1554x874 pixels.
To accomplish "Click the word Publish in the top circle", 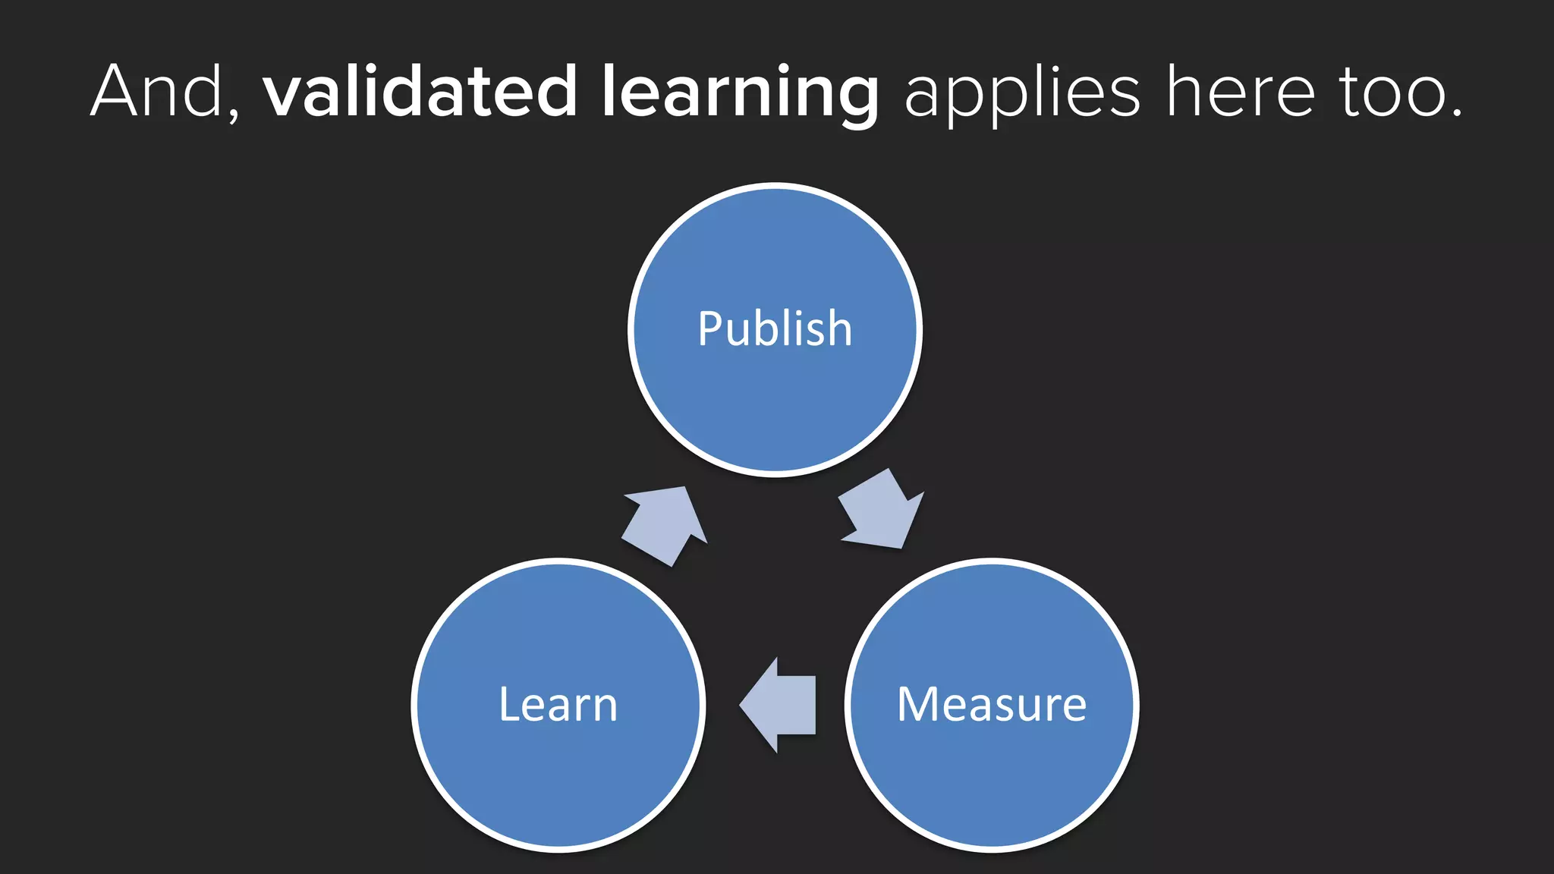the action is (775, 329).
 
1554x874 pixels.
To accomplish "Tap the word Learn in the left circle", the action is (558, 705).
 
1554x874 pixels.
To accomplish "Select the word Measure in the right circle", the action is (992, 705).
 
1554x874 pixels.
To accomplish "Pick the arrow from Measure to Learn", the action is (777, 705).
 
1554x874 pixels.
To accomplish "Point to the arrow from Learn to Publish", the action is (665, 526).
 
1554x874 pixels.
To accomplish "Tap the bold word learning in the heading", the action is (741, 94).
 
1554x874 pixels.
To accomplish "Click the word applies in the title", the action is (1022, 96).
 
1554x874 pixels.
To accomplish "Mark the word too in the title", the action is (1390, 94).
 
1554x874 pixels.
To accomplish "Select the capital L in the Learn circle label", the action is (511, 704).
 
